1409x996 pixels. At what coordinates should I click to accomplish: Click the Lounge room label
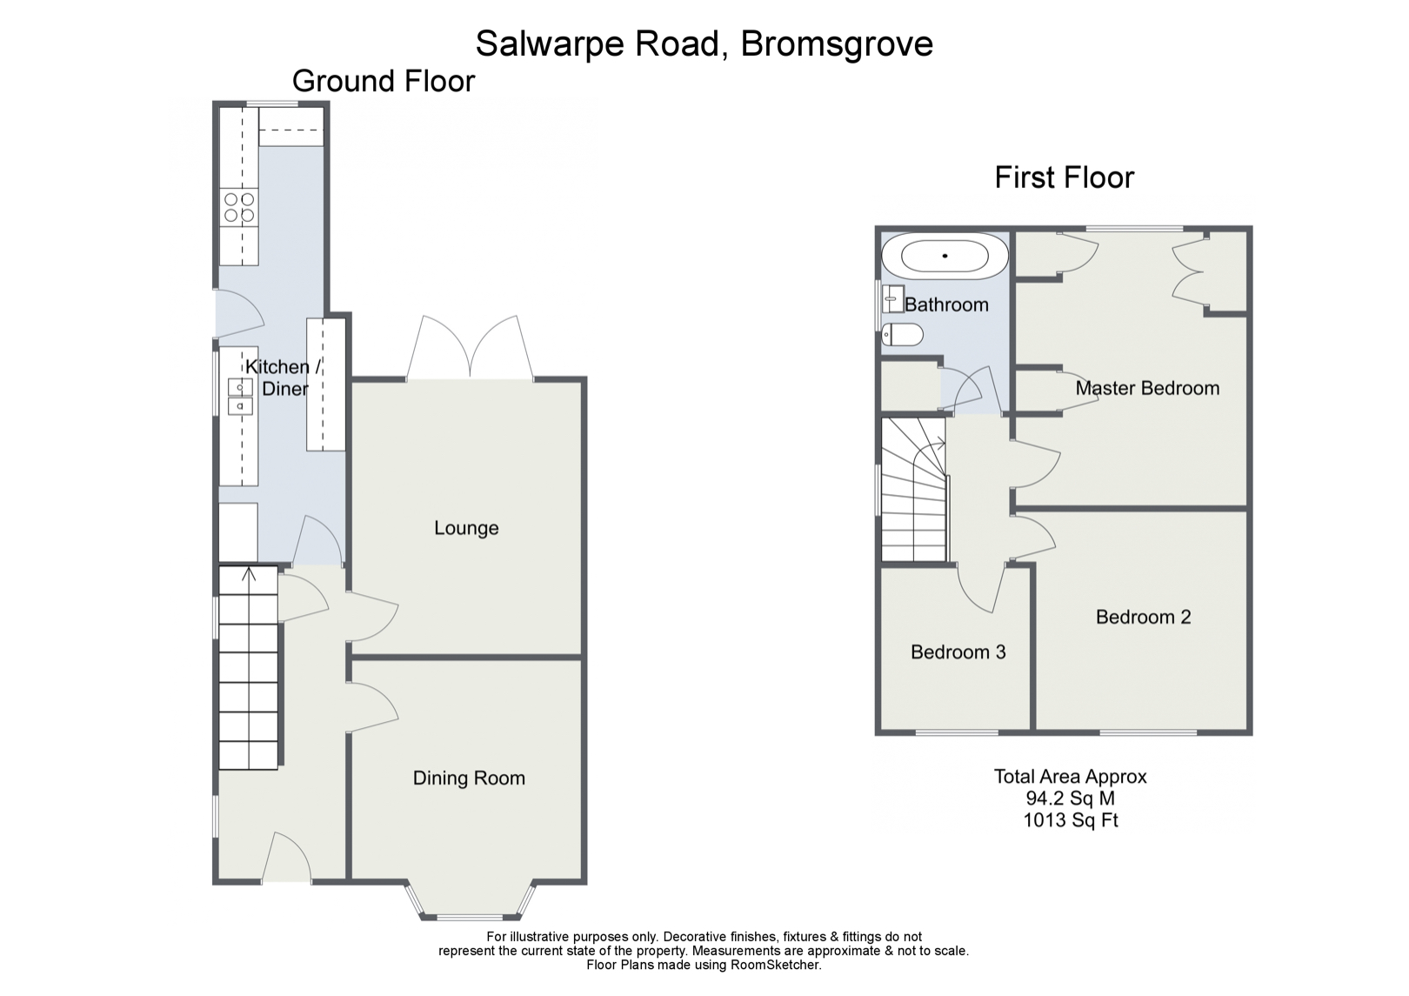[466, 528]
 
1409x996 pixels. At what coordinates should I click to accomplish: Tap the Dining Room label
[469, 779]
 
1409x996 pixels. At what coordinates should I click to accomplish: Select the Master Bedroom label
[1147, 388]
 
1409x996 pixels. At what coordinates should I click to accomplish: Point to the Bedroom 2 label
[1143, 617]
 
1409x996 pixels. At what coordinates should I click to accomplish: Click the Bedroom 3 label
[958, 652]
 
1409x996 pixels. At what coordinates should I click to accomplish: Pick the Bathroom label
[946, 304]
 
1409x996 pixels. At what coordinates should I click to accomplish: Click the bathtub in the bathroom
[945, 257]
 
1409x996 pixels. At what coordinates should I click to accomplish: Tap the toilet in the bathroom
[900, 334]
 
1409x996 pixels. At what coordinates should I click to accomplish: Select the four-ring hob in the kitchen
[239, 207]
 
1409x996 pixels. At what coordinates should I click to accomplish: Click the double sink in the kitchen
[240, 397]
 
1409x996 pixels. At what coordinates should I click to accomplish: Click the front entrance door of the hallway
[286, 859]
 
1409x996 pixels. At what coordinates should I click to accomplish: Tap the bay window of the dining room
[470, 905]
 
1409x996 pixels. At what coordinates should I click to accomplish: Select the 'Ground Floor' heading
[384, 81]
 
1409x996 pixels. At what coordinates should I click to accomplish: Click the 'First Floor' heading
[1064, 177]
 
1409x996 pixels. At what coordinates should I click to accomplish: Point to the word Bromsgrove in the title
[837, 43]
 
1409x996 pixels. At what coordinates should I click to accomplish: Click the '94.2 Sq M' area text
[1070, 799]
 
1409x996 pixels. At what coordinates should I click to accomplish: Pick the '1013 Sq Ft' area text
[1070, 819]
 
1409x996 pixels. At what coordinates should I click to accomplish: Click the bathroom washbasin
[893, 299]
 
